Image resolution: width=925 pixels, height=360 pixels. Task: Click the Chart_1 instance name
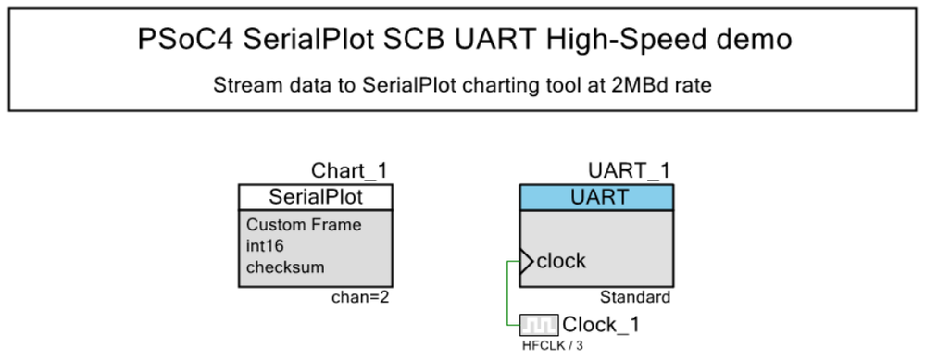tap(349, 171)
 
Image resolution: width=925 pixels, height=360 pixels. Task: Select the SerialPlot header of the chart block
tap(316, 197)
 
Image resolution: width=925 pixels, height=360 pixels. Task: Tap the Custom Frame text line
tap(304, 225)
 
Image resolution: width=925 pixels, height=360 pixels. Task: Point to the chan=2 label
tap(362, 297)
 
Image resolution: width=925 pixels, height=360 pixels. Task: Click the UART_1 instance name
tap(631, 171)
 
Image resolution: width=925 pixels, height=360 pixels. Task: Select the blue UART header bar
tap(596, 197)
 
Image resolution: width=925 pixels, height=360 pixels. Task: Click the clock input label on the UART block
tap(562, 261)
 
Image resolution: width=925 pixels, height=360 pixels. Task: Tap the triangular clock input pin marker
tap(526, 261)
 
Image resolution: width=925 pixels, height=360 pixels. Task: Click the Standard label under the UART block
tap(635, 297)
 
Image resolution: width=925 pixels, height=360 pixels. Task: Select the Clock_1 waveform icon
tap(538, 325)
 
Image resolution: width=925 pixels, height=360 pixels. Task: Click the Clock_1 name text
tap(601, 325)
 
